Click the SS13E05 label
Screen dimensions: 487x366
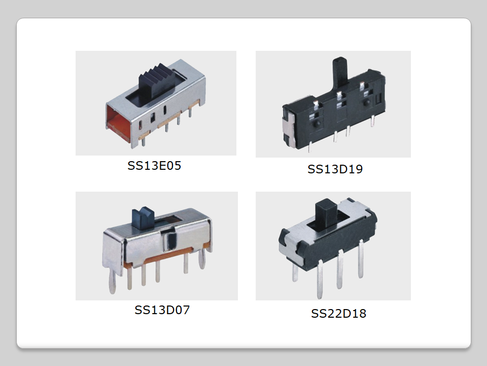click(x=154, y=166)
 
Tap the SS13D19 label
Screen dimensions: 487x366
click(x=335, y=169)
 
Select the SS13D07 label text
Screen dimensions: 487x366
click(x=162, y=310)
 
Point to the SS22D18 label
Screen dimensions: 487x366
click(x=339, y=314)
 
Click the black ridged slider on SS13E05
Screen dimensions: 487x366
click(x=155, y=83)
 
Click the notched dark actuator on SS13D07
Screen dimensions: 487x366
click(x=143, y=218)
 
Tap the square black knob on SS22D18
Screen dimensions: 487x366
click(x=326, y=215)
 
